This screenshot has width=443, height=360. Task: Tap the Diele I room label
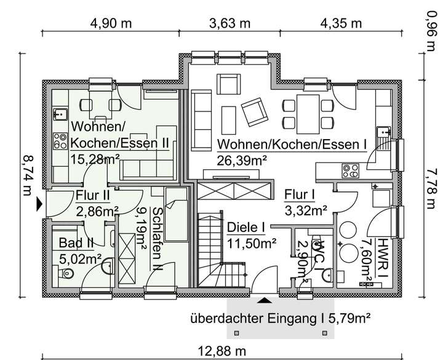245,228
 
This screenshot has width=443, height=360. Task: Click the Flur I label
300,196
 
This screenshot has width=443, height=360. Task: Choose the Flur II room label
93,196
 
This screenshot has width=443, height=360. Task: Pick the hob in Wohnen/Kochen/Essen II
60,141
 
